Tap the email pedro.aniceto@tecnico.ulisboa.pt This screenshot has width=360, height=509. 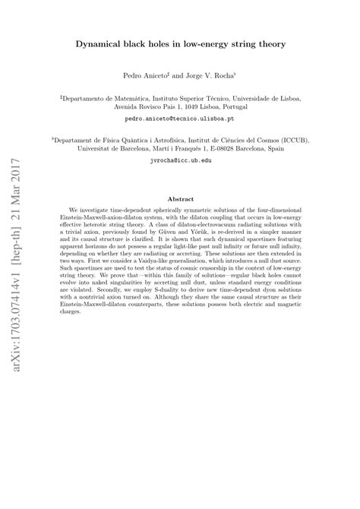(180, 120)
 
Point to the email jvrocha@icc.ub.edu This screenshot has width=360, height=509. (180, 162)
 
